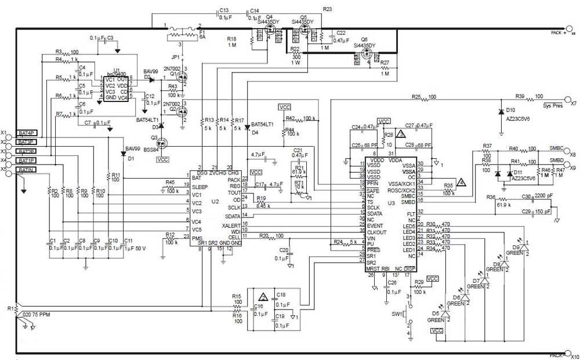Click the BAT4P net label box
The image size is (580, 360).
(27, 133)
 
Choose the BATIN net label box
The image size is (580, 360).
(27, 169)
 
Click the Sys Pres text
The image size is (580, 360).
(553, 106)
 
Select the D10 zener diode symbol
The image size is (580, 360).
(500, 110)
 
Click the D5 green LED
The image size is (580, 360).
(445, 314)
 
